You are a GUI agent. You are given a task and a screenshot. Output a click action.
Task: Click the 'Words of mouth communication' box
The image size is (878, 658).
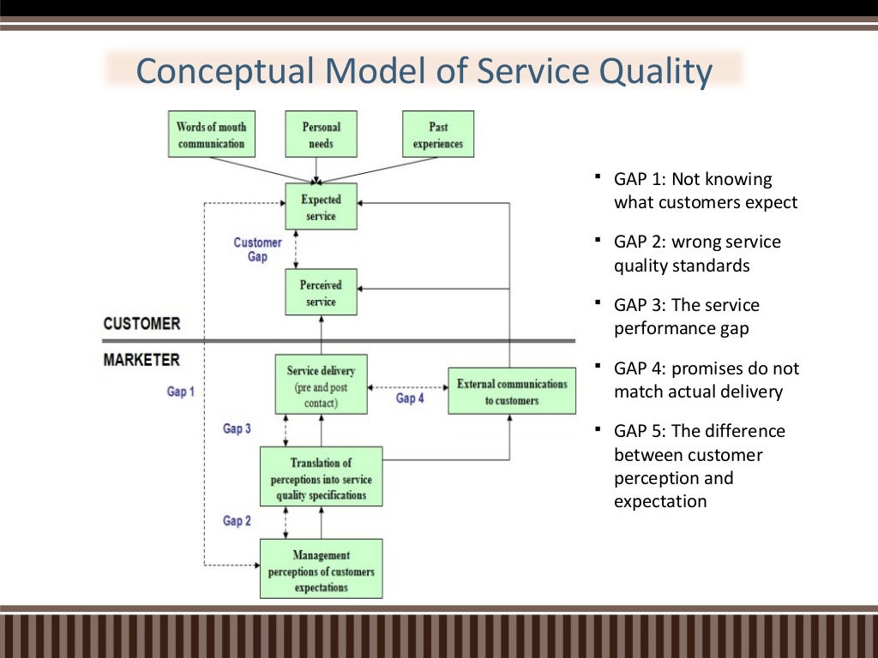pos(211,135)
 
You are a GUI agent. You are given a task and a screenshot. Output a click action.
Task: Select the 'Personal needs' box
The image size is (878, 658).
pos(321,135)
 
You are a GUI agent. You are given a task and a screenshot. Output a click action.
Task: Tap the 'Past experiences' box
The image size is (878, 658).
pos(437,135)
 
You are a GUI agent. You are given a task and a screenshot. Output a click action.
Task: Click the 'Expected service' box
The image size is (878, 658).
pos(321,206)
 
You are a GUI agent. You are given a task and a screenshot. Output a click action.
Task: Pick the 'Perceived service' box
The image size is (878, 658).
pos(321,292)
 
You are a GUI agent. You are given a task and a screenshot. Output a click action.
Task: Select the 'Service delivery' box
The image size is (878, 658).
pos(321,385)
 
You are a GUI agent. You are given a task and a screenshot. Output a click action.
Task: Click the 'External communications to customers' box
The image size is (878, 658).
pos(512,392)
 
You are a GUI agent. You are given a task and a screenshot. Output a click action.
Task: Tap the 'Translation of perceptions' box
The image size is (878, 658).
pos(321,478)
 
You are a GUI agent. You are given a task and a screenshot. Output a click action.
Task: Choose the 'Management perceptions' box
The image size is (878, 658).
pos(321,571)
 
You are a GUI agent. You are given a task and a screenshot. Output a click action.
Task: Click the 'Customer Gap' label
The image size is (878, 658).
pos(257,249)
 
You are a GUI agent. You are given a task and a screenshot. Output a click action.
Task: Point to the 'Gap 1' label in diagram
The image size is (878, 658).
pos(181,391)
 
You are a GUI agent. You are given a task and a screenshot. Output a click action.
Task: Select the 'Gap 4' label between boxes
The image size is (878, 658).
pos(410,398)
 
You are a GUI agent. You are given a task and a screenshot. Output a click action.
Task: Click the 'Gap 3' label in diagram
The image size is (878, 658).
pos(238,428)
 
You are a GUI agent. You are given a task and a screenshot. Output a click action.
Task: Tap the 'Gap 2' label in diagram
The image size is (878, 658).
pos(238,520)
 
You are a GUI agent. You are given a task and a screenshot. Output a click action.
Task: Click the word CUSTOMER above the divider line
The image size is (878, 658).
pos(141,324)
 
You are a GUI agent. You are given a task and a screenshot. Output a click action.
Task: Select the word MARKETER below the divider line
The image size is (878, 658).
pos(141,360)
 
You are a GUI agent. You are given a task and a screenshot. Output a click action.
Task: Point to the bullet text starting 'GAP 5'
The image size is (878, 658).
pos(700,466)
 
